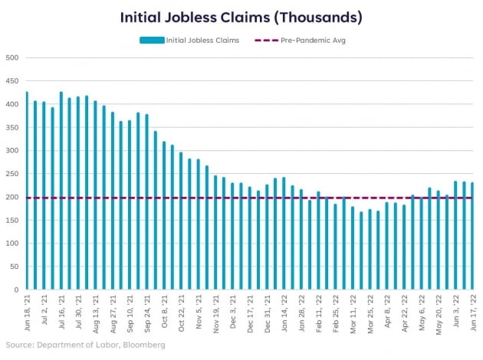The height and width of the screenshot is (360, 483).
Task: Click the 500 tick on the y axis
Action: [x=12, y=57]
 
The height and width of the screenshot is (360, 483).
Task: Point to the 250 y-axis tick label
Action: [x=12, y=174]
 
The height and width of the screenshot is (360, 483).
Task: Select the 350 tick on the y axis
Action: [x=12, y=127]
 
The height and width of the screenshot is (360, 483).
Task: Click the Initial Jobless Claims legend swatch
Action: [x=153, y=40]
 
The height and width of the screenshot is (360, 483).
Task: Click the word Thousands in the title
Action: [x=320, y=17]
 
